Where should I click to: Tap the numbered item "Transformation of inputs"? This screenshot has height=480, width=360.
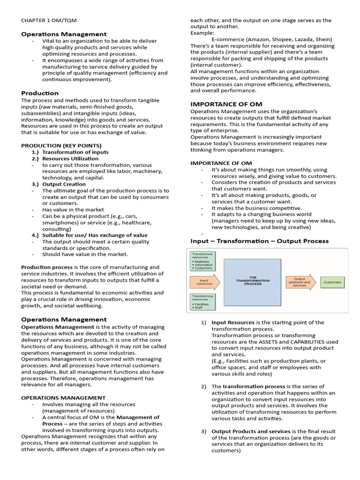click(75, 152)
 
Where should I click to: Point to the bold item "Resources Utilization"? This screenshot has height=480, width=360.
click(70, 158)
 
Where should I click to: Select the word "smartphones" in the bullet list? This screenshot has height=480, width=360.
click(59, 223)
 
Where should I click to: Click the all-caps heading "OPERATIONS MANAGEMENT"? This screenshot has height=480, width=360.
click(63, 397)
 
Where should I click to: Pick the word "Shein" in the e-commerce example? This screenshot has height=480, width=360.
click(321, 39)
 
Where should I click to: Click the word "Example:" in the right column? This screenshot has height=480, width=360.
click(202, 33)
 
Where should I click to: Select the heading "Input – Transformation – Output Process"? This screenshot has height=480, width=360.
click(259, 241)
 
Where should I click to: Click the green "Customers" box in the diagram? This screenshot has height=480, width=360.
click(332, 283)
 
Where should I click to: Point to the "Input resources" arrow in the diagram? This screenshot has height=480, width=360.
click(204, 282)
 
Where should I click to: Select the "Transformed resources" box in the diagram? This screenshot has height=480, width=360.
click(202, 261)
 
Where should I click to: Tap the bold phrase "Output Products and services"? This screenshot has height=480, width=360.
click(251, 431)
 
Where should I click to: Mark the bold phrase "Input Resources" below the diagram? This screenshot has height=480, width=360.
click(233, 322)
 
